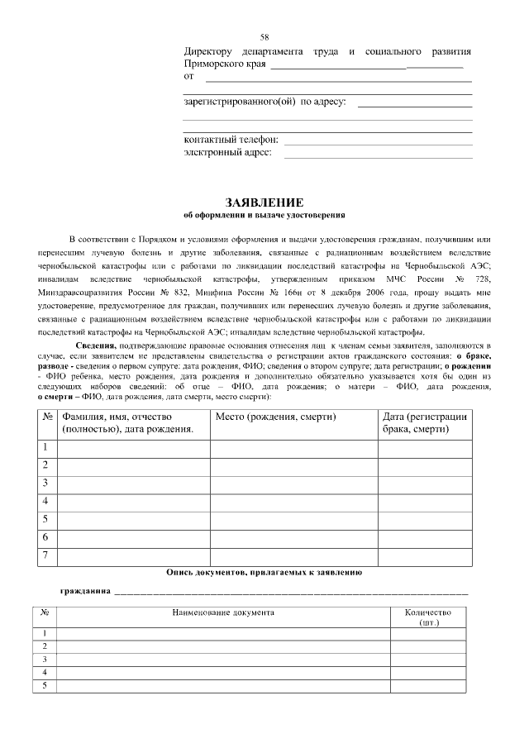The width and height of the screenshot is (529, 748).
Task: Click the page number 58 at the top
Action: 264,37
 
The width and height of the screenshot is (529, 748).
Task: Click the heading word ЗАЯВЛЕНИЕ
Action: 264,202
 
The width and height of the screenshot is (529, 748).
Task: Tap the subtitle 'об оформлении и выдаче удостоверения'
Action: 264,215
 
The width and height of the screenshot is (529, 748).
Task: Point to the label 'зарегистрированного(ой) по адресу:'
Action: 264,102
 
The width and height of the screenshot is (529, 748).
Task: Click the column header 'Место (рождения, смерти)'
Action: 275,417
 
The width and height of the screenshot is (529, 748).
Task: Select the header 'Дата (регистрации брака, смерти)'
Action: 425,423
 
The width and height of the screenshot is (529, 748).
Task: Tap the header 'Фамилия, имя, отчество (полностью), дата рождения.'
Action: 128,423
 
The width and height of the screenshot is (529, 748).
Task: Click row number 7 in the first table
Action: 45,555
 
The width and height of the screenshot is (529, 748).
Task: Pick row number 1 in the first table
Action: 45,447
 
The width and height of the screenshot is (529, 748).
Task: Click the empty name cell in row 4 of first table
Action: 133,501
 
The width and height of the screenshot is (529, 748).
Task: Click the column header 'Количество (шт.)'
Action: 428,617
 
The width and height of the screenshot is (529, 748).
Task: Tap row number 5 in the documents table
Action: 45,685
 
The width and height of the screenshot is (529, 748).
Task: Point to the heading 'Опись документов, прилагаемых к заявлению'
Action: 264,572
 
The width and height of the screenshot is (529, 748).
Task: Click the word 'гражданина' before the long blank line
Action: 85,592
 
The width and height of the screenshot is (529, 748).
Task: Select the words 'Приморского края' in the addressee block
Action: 224,64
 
